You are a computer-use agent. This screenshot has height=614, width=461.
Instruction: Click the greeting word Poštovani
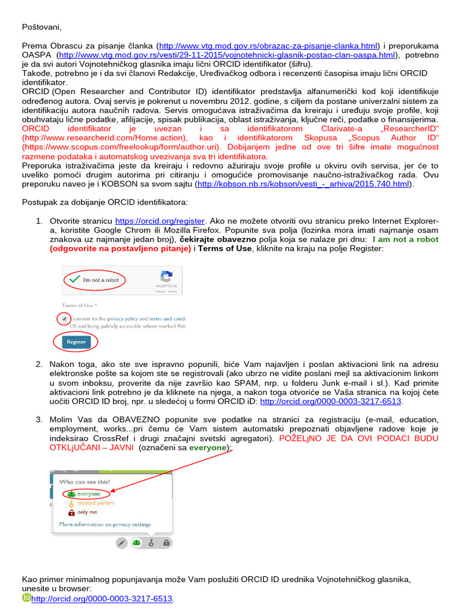click(x=41, y=27)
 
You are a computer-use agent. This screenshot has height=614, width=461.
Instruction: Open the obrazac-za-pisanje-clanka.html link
click(x=268, y=46)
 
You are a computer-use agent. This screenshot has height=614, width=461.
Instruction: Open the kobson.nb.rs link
click(x=304, y=184)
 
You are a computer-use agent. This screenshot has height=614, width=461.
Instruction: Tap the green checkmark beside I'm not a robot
click(x=74, y=279)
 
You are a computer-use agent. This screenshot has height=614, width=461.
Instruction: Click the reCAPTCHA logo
click(x=166, y=278)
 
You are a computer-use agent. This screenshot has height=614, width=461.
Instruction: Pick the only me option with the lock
click(x=85, y=512)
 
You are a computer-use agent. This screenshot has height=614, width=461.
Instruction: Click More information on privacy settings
click(x=104, y=524)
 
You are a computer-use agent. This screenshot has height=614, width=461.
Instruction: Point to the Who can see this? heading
click(x=84, y=481)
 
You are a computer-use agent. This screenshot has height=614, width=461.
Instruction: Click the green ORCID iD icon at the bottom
click(x=26, y=598)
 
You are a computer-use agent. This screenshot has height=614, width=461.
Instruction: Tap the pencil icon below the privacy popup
click(x=121, y=543)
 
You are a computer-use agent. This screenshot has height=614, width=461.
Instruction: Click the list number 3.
click(x=38, y=419)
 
